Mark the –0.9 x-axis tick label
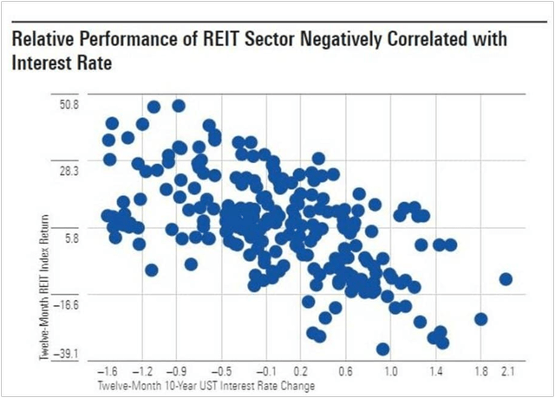click(176, 370)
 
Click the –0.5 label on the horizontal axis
click(221, 370)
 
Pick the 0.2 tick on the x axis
click(301, 370)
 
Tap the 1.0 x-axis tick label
click(390, 370)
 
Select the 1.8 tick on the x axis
click(480, 370)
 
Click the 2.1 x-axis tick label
click(509, 370)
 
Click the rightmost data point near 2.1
click(506, 279)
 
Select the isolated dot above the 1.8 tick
click(481, 319)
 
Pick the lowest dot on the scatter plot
click(382, 349)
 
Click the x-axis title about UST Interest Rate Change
click(206, 384)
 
